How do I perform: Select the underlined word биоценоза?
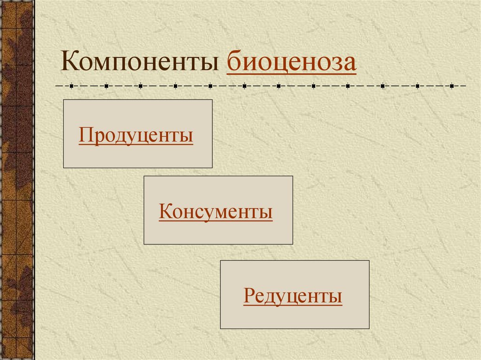291,62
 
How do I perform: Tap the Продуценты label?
136,135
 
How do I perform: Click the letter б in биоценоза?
233,62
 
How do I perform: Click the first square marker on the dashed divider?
71,86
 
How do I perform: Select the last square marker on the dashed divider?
452,86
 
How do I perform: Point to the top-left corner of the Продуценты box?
63,100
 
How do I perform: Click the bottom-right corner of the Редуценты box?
369,329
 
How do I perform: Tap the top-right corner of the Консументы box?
293,176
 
